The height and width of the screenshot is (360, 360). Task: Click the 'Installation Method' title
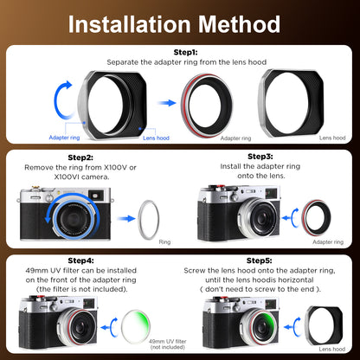174,24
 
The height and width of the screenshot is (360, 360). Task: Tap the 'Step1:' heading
185,52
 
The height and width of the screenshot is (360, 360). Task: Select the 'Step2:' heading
80,157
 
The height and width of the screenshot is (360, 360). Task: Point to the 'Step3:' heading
260,157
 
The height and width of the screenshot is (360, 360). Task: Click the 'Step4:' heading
80,260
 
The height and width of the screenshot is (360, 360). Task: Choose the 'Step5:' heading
259,260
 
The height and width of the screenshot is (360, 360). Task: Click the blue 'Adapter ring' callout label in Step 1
64,138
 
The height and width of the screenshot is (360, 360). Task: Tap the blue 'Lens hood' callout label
156,138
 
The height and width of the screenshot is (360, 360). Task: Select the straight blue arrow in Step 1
167,103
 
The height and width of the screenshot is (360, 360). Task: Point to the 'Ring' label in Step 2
164,242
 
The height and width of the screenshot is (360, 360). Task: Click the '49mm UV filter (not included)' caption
168,344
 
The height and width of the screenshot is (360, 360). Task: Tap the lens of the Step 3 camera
259,218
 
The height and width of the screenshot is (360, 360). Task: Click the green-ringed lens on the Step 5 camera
259,327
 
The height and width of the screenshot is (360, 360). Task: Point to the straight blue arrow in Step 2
126,218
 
